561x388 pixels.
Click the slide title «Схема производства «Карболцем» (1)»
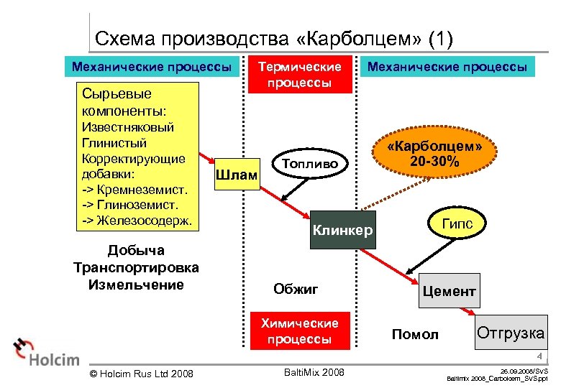coord(274,38)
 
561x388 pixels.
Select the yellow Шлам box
coord(237,175)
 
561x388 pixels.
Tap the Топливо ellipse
coord(310,163)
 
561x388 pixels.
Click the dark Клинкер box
coord(342,230)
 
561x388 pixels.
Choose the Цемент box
coord(448,291)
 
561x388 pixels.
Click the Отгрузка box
coord(510,333)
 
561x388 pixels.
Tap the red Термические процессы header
coord(300,74)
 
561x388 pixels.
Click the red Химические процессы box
coord(300,331)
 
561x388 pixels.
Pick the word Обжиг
coord(296,289)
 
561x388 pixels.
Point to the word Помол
coord(415,334)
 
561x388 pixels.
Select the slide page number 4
coord(537,356)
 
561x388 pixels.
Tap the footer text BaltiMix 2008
coord(314,372)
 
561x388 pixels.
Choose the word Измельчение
coord(136,285)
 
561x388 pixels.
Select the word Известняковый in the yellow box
coord(128,127)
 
